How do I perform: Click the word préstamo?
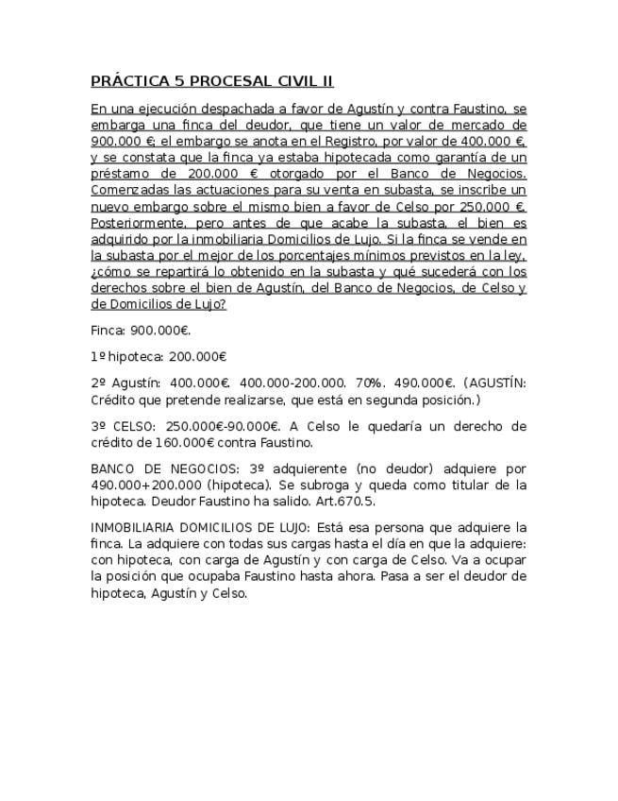coord(122,174)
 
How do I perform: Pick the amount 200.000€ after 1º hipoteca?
coord(197,357)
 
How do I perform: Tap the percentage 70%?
coord(368,383)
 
